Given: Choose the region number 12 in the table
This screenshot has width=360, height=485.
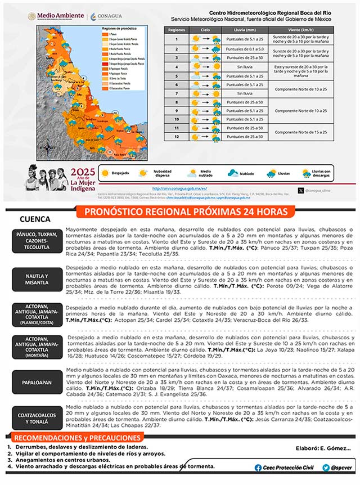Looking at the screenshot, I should [176, 136].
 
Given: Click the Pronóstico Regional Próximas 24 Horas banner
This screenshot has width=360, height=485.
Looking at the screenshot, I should [189, 212].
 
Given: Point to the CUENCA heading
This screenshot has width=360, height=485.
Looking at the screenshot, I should [35, 219].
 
